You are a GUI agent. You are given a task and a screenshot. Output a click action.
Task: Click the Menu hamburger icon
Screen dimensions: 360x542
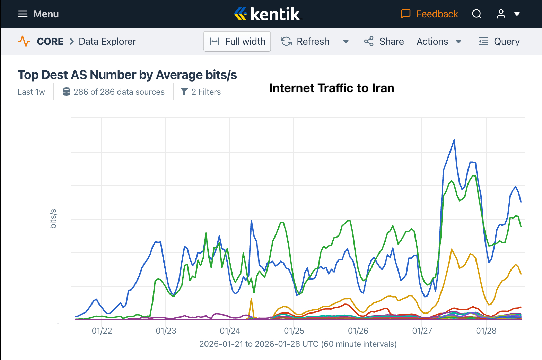[23, 14]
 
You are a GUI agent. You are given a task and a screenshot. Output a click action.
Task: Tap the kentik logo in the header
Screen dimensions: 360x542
[267, 14]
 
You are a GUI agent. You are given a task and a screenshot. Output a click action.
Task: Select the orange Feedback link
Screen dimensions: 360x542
[429, 14]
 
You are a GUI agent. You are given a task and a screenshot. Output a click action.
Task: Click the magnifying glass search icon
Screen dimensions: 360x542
[477, 14]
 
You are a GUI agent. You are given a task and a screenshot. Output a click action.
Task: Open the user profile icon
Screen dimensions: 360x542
[501, 14]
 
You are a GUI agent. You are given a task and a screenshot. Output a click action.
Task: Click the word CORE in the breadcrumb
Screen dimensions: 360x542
[50, 42]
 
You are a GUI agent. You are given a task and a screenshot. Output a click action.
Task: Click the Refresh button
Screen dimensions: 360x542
[305, 42]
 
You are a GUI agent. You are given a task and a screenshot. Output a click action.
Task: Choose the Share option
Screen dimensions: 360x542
[384, 42]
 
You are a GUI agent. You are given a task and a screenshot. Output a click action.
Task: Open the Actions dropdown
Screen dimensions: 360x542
[439, 42]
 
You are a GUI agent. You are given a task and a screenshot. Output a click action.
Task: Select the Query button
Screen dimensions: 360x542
[499, 42]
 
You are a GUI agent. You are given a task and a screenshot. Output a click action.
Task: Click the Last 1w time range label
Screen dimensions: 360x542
[31, 92]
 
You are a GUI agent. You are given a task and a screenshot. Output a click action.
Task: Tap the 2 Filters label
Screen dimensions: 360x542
[201, 92]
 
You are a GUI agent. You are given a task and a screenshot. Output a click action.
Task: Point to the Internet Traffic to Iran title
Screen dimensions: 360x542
[332, 88]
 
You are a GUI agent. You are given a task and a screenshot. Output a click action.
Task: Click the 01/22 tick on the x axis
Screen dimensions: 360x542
[102, 331]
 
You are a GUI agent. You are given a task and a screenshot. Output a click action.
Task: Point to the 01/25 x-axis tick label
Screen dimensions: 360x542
[294, 331]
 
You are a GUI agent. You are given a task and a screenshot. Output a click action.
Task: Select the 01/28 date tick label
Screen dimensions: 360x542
[486, 331]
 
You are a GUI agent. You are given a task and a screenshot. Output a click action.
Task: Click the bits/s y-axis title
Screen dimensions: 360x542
[53, 218]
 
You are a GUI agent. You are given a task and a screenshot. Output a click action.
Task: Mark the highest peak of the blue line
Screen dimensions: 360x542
[454, 140]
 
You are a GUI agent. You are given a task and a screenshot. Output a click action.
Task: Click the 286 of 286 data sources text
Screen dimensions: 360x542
[114, 92]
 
